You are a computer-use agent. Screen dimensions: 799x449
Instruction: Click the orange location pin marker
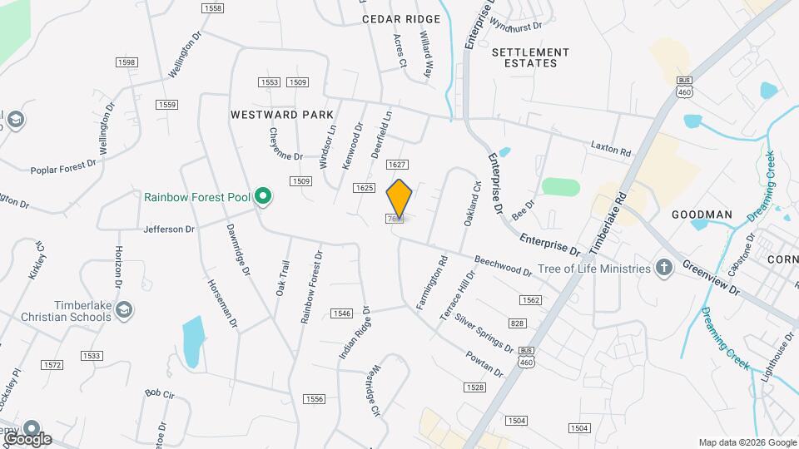[x=399, y=198]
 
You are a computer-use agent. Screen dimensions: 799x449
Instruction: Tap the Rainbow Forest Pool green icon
[x=263, y=197]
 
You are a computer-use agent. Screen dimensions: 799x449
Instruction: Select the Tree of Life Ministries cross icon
[x=663, y=268]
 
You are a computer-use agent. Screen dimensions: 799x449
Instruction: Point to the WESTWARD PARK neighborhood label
[x=282, y=115]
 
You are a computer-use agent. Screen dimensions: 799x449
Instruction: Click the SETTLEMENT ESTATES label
[x=531, y=57]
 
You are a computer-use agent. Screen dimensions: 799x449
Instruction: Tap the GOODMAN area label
[x=702, y=215]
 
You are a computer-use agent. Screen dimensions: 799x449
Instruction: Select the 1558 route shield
[x=212, y=7]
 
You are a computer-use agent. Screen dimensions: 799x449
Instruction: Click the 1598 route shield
[x=127, y=62]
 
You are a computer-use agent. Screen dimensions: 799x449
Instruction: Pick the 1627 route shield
[x=397, y=165]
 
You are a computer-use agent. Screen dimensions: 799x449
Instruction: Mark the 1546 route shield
[x=341, y=313]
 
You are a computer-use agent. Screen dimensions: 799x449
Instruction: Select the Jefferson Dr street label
[x=169, y=229]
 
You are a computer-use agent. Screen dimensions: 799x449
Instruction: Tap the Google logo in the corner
[x=27, y=438]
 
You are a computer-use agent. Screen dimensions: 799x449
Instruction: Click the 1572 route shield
[x=52, y=365]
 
